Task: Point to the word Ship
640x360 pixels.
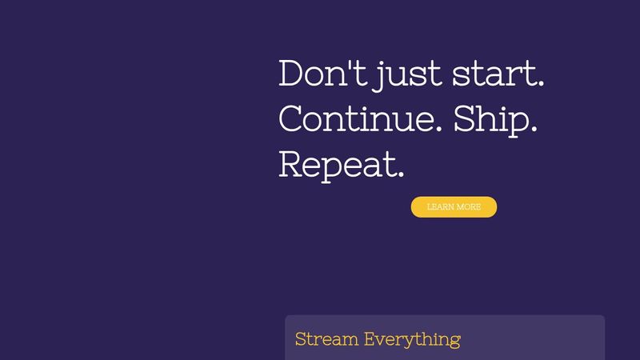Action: click(x=493, y=119)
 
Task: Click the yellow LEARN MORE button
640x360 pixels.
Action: click(x=454, y=206)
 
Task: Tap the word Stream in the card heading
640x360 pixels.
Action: click(x=326, y=338)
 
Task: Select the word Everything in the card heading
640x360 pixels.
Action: click(x=412, y=339)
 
